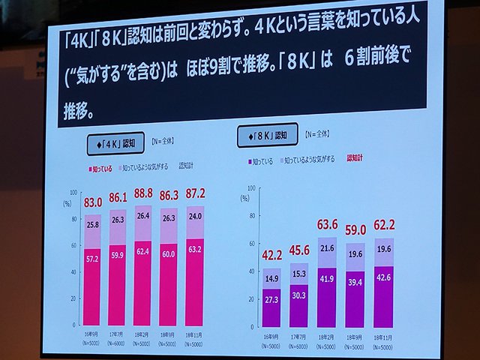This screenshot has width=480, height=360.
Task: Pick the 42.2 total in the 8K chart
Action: pos(271,254)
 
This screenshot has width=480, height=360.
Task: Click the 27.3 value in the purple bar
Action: pos(271,298)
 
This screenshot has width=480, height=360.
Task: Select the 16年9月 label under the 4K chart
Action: pos(91,331)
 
